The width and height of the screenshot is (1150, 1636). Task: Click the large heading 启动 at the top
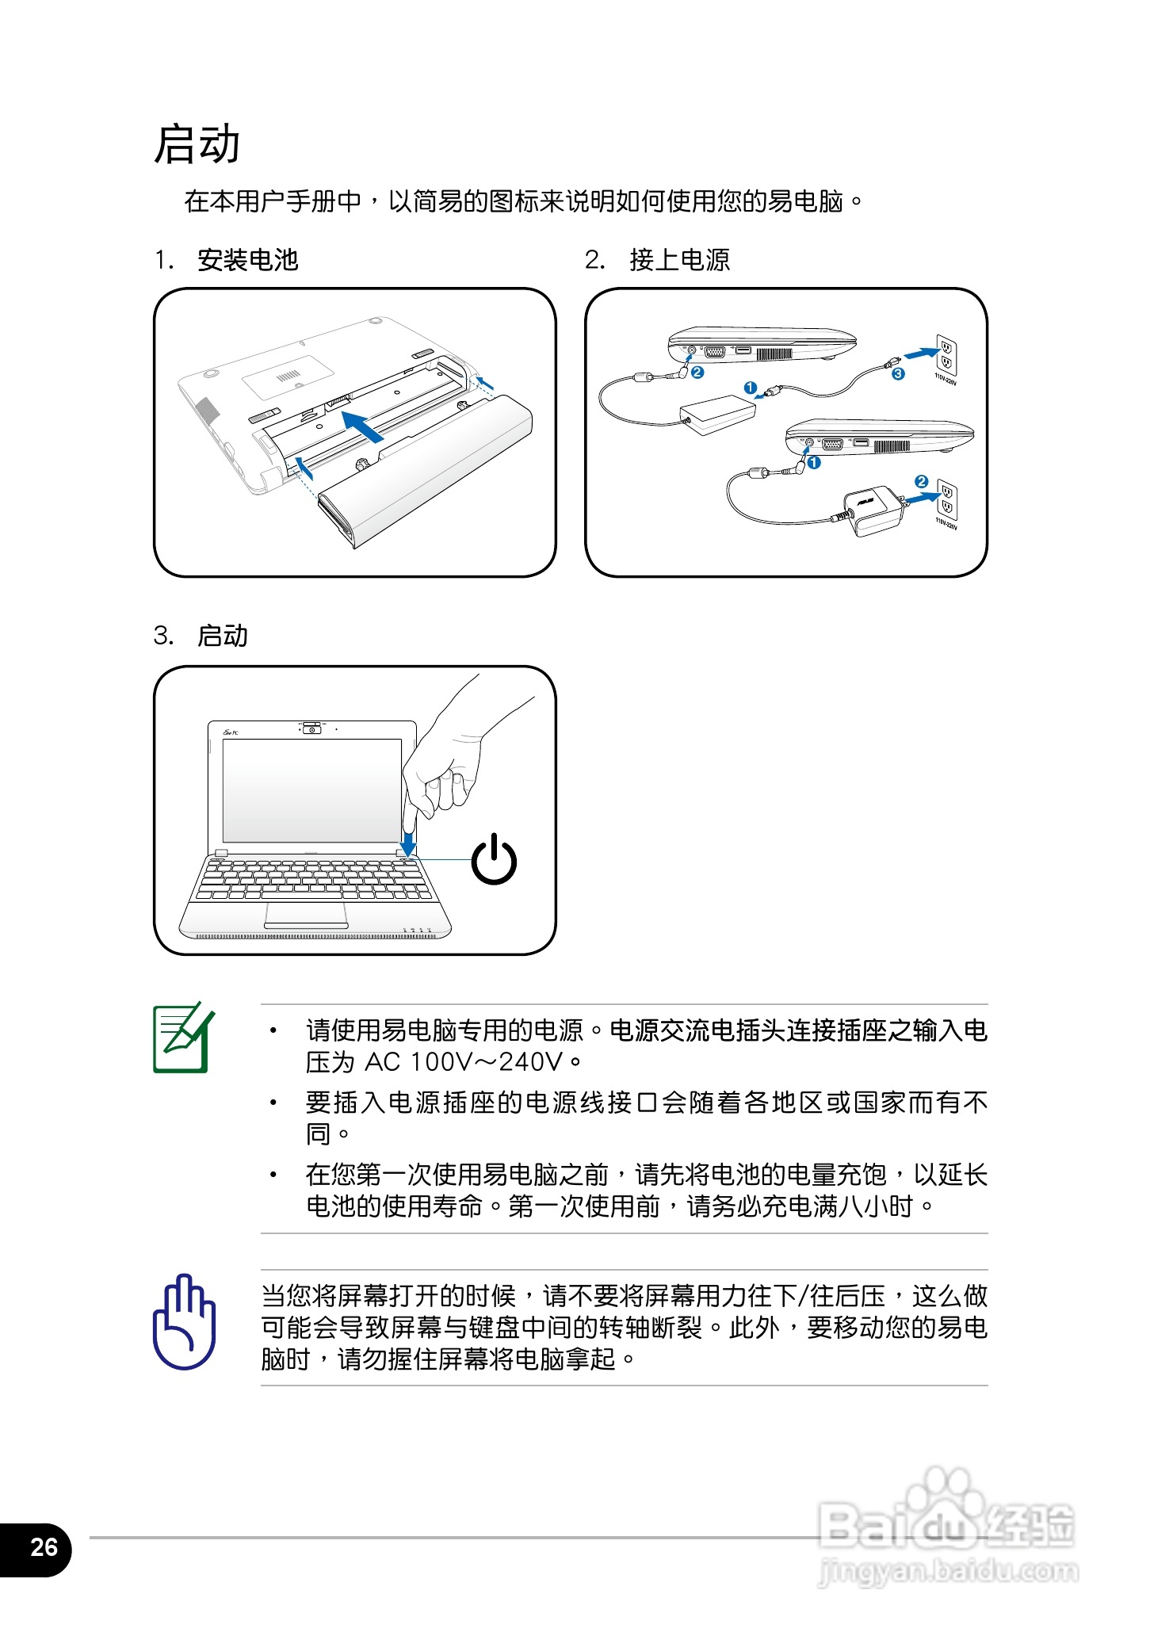[197, 144]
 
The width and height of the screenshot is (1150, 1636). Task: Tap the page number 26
[44, 1546]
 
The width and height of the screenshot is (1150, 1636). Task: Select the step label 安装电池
[247, 260]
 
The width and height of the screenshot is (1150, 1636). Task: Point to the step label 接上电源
[679, 260]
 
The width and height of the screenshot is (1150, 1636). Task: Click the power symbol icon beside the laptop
[494, 859]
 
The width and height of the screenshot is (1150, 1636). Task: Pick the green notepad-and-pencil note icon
[183, 1038]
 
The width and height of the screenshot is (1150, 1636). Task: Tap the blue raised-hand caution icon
[184, 1321]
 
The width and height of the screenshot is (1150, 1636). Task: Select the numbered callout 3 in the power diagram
[897, 374]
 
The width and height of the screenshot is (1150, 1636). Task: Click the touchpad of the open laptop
[306, 913]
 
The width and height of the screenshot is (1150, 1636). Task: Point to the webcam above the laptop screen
[313, 728]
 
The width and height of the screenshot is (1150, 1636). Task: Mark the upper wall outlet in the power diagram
[946, 354]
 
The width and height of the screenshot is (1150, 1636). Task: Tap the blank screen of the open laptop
[311, 790]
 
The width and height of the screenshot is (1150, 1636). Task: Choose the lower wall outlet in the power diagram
[946, 499]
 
